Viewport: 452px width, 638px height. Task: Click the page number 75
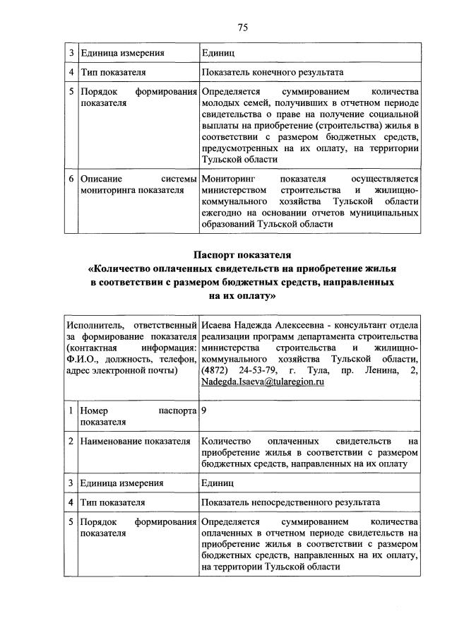pos(242,28)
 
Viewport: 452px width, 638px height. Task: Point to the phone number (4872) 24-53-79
pos(238,370)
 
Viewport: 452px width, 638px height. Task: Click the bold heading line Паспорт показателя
pos(242,256)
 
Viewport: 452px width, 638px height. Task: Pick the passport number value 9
pos(203,409)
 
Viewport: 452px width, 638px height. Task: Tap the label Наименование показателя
pos(135,442)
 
